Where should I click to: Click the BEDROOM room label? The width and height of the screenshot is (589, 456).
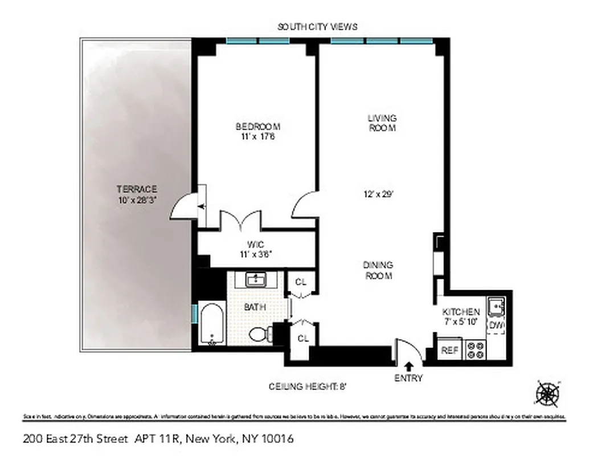[258, 126]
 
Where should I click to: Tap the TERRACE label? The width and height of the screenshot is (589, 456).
[137, 189]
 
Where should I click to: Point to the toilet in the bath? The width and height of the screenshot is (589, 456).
[259, 333]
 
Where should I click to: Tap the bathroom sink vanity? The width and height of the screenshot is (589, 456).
[255, 280]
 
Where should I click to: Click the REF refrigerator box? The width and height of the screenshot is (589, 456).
[449, 350]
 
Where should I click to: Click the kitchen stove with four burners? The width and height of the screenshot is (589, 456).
[475, 349]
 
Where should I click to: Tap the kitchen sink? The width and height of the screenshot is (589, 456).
[496, 308]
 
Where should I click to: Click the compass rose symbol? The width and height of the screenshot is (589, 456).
[548, 393]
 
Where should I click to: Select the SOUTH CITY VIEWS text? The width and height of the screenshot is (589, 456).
[317, 27]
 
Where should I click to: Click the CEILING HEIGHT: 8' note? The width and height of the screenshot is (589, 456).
[308, 386]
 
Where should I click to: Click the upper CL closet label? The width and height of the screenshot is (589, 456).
[301, 281]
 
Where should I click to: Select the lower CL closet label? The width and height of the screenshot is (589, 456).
[302, 339]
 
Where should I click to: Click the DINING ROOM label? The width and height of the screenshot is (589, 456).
[378, 270]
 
